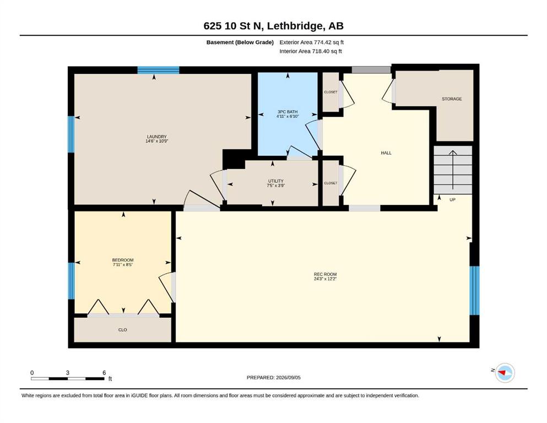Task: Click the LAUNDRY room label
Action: point(156,137)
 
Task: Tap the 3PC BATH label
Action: point(288,112)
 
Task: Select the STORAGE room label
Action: point(452,99)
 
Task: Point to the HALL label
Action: point(386,153)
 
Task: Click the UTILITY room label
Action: point(275,181)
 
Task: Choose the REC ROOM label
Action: point(325,274)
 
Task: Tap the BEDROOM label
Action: point(123,260)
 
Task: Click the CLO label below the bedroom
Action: point(122,330)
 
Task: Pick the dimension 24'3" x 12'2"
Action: point(325,279)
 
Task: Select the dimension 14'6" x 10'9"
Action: point(156,141)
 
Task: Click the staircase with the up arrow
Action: point(453,170)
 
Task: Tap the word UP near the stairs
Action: point(452,200)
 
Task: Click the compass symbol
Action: point(505,373)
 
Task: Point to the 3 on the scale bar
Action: point(68,373)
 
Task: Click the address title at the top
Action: point(273,26)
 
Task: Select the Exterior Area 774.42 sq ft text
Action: point(312,42)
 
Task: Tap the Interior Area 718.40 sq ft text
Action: point(311,51)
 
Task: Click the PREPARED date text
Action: point(273,378)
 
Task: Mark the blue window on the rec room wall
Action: point(474,290)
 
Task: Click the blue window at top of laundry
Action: point(158,70)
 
